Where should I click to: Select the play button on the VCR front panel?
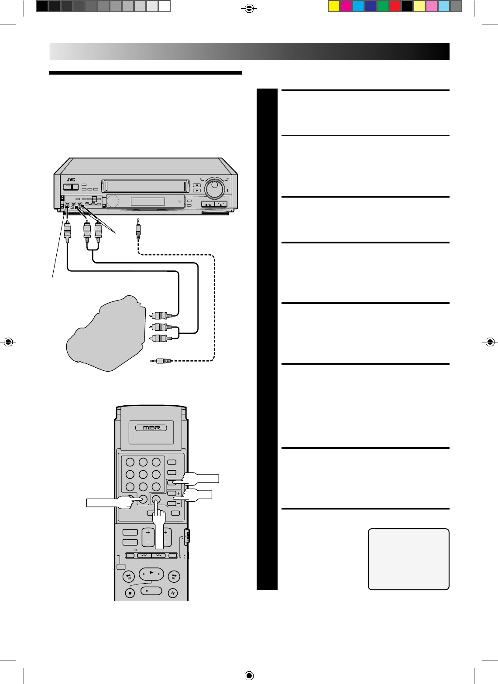(x=221, y=204)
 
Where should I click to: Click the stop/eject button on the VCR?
(x=208, y=204)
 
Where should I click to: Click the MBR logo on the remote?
(x=152, y=427)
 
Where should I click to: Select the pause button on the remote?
(x=174, y=592)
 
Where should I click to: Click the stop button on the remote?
(x=151, y=591)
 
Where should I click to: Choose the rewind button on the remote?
(x=129, y=576)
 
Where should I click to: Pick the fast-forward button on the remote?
(x=174, y=576)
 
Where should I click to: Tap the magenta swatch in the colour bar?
(x=346, y=6)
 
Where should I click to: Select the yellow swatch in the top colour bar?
(x=334, y=6)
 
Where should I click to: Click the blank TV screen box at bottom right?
(x=409, y=559)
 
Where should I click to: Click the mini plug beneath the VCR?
(x=138, y=229)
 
